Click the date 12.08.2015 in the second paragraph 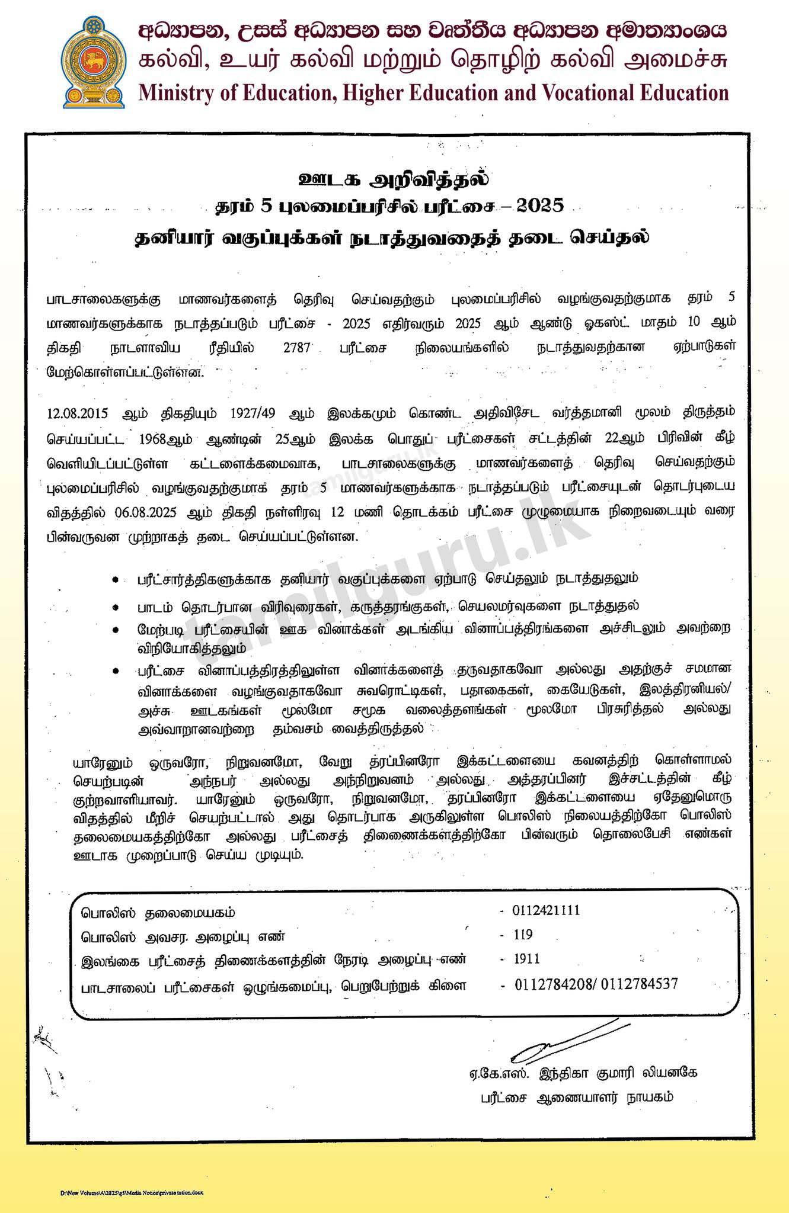point(77,413)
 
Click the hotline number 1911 point(526,959)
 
